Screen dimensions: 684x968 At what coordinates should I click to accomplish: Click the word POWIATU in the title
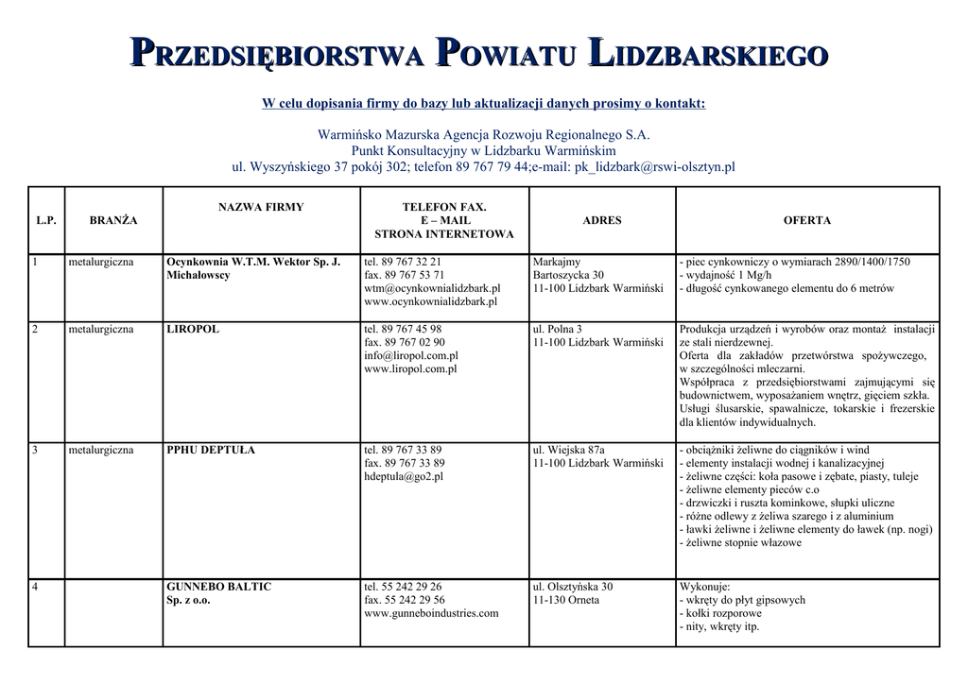pyautogui.click(x=504, y=54)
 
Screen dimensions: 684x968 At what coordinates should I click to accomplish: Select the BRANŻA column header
pyautogui.click(x=113, y=220)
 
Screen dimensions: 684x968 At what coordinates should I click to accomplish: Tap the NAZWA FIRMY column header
pyautogui.click(x=261, y=207)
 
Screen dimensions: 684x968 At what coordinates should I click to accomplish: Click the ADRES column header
pyautogui.click(x=602, y=220)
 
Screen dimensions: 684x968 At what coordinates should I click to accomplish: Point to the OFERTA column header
pyautogui.click(x=807, y=220)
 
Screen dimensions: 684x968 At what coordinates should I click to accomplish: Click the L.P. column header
pyautogui.click(x=46, y=220)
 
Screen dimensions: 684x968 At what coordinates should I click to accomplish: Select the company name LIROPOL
pyautogui.click(x=193, y=330)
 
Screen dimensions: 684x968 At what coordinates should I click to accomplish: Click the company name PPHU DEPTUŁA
pyautogui.click(x=211, y=450)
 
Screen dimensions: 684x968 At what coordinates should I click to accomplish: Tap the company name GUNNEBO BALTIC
pyautogui.click(x=218, y=587)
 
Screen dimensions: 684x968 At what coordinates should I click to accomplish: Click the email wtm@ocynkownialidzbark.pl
pyautogui.click(x=432, y=288)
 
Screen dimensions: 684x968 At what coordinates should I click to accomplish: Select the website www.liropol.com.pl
pyautogui.click(x=410, y=369)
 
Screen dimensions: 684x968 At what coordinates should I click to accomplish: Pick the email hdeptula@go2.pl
pyautogui.click(x=404, y=477)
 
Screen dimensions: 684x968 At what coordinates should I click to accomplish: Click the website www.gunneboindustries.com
pyautogui.click(x=431, y=613)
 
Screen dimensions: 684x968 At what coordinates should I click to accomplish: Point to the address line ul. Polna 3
pyautogui.click(x=558, y=330)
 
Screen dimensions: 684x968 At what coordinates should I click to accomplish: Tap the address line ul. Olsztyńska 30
pyautogui.click(x=573, y=587)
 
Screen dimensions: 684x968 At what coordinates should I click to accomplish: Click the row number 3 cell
pyautogui.click(x=35, y=450)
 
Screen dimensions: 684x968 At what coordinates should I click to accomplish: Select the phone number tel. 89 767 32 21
pyautogui.click(x=403, y=262)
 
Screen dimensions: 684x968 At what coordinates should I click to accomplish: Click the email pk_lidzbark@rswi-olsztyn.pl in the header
pyautogui.click(x=655, y=167)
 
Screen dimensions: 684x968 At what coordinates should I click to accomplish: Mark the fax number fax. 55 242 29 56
pyautogui.click(x=405, y=600)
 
